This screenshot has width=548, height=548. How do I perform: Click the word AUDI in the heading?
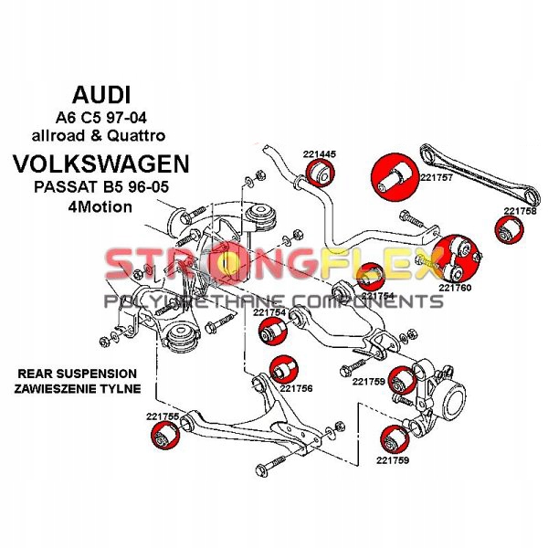point(100,94)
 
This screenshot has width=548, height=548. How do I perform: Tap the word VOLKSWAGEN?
point(100,164)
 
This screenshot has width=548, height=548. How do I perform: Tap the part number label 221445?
point(320,153)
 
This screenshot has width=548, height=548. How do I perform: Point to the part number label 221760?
point(454,287)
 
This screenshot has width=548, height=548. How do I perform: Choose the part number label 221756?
point(297,388)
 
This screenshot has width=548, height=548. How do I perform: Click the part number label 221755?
point(162,416)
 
